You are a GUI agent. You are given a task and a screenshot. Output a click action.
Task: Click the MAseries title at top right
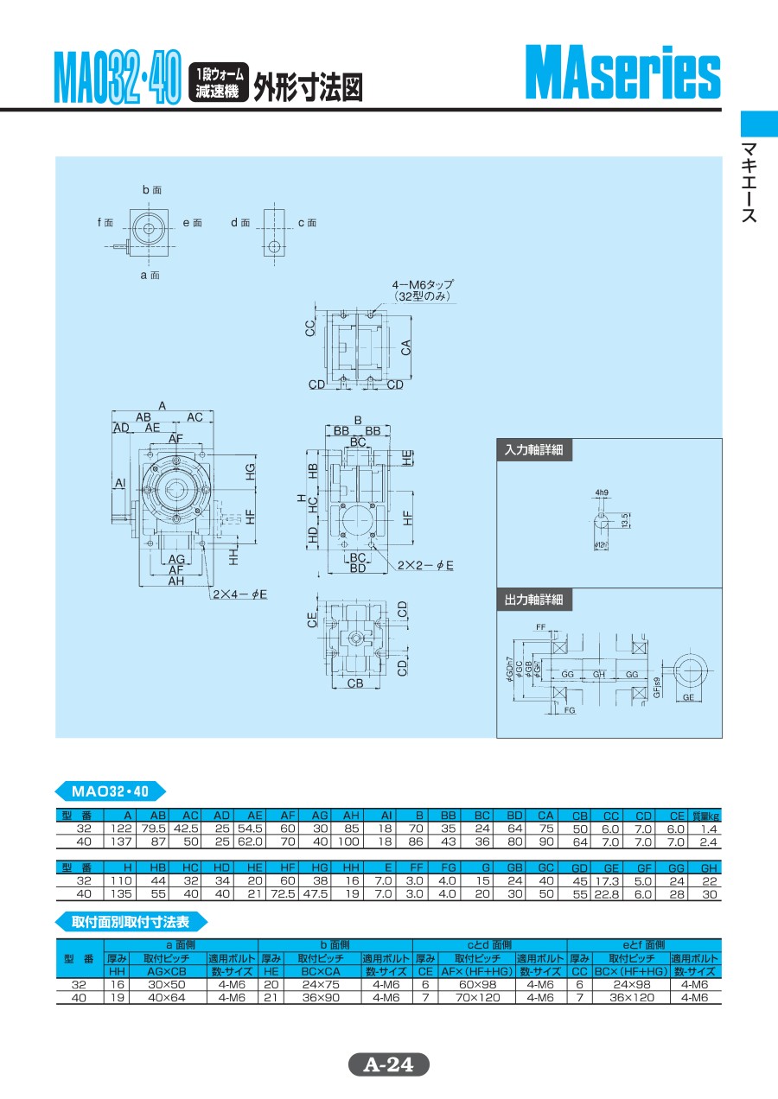622,75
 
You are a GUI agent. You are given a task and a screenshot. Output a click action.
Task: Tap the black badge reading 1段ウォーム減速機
219,84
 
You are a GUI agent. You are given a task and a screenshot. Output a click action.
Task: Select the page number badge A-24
388,1065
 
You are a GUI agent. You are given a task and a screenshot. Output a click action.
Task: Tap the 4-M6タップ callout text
423,289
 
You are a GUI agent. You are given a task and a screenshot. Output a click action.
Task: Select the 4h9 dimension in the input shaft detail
602,492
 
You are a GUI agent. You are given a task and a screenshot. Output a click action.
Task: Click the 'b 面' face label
151,189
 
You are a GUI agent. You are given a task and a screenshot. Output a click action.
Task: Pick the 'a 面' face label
150,275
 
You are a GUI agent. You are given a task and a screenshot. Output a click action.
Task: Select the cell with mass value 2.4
709,841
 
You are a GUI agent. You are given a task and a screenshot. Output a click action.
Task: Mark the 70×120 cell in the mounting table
477,997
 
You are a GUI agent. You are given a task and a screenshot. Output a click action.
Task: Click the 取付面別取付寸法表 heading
136,921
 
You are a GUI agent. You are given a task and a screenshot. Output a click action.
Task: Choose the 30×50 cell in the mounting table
166,984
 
